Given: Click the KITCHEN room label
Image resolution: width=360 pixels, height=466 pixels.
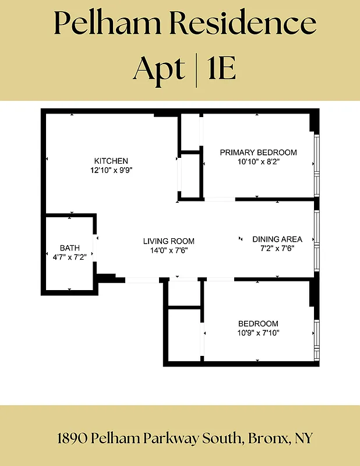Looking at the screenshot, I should [111, 161].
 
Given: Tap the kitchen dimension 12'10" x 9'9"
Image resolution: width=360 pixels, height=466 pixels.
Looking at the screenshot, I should [111, 171].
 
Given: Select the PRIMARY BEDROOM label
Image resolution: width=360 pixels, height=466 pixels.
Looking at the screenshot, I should [258, 152].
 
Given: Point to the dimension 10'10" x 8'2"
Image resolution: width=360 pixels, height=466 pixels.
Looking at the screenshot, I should [258, 162].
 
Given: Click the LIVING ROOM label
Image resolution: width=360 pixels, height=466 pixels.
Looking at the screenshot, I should [169, 241].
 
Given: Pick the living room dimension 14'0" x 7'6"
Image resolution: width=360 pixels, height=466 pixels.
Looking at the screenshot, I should [169, 250].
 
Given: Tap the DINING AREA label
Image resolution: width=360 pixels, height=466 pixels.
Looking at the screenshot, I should [277, 239].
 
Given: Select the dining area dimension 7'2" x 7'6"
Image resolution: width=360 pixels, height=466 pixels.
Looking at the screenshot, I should [277, 249].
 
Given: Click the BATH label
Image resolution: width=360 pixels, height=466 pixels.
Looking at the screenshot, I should [69, 248].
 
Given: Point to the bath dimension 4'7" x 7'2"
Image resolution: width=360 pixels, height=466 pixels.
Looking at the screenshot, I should [69, 257].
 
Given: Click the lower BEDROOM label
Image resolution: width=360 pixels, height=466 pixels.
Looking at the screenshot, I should [258, 323].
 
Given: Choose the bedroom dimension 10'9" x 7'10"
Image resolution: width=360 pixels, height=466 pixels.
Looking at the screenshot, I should [258, 333].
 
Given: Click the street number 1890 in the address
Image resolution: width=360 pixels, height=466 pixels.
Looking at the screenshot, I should [73, 438].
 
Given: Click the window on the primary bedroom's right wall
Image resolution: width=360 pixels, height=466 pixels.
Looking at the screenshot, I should [317, 165].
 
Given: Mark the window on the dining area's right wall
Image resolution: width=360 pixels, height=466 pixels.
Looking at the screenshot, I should [317, 240].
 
